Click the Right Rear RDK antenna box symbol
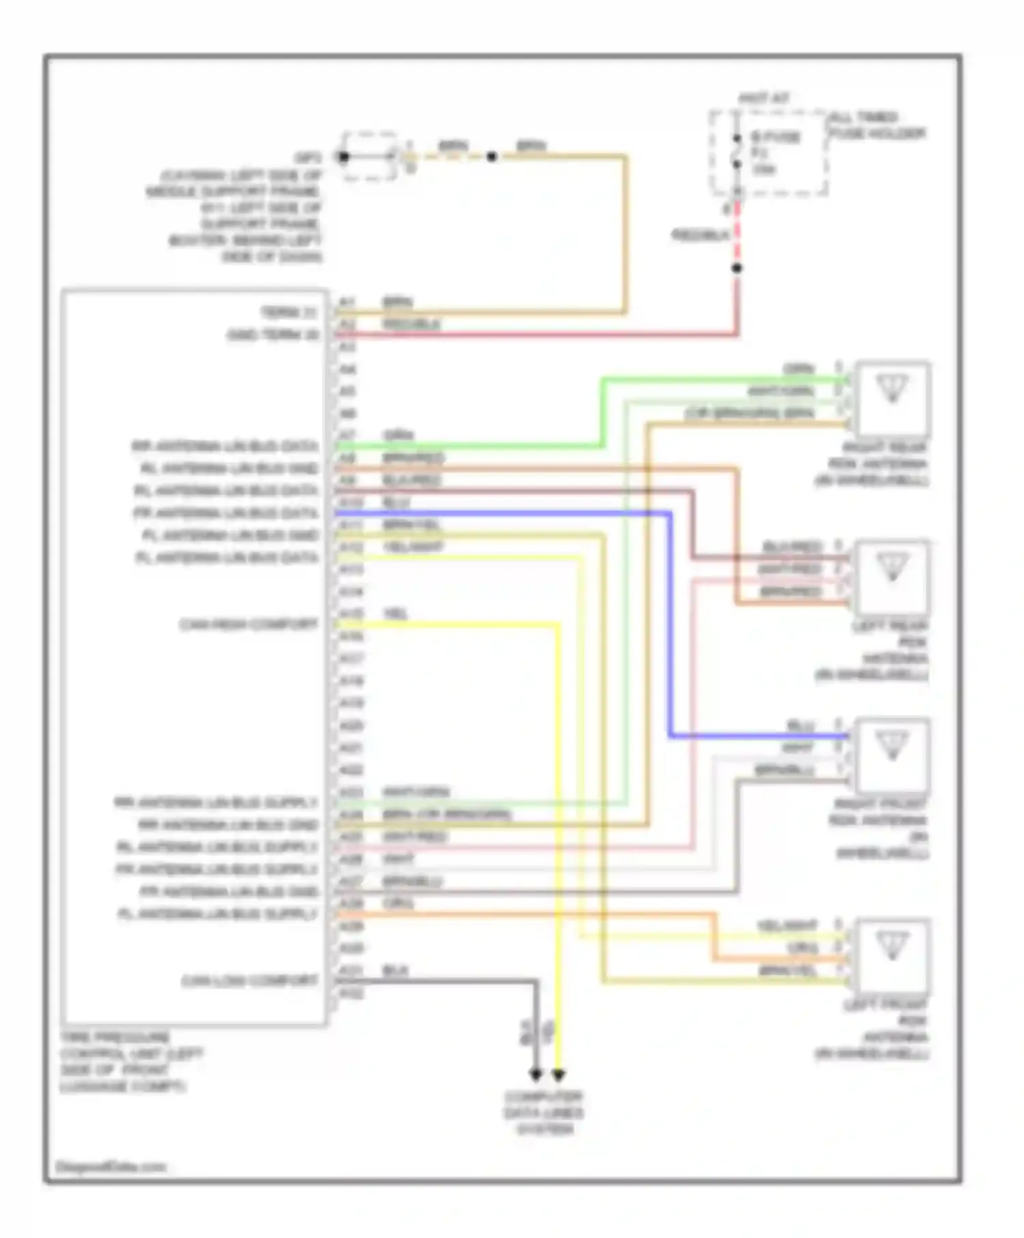coord(892,399)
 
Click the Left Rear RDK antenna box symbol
coord(892,577)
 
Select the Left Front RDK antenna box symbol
coord(892,955)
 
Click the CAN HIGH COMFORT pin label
coord(248,624)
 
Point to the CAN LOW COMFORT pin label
coord(250,981)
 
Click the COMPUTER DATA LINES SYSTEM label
coord(544,1113)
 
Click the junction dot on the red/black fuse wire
coord(737,268)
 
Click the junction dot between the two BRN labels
coord(491,157)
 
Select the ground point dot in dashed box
coord(343,157)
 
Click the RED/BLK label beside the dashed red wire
coord(700,235)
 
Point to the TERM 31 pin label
coord(289,313)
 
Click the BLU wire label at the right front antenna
coord(800,725)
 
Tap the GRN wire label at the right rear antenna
coord(799,369)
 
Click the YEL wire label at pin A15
coord(395,614)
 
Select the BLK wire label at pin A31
coord(395,970)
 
